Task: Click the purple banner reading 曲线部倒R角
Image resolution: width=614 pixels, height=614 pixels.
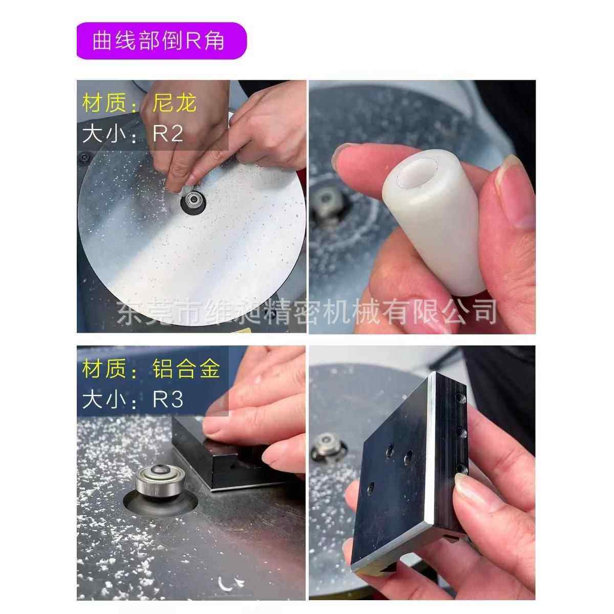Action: coord(161,41)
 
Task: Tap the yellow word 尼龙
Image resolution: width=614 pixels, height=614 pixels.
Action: coord(174,104)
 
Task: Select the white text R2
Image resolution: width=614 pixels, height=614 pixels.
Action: coord(168,134)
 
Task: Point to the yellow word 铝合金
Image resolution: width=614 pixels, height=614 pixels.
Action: coord(186,368)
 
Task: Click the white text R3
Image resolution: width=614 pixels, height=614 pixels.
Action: coord(168,400)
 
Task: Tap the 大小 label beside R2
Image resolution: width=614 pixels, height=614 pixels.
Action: coord(106,135)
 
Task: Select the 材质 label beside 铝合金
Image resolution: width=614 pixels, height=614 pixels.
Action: coord(106,369)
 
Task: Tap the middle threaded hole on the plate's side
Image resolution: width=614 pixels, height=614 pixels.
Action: coord(461,433)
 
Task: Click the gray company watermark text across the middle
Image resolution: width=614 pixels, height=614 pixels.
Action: coord(307,311)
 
